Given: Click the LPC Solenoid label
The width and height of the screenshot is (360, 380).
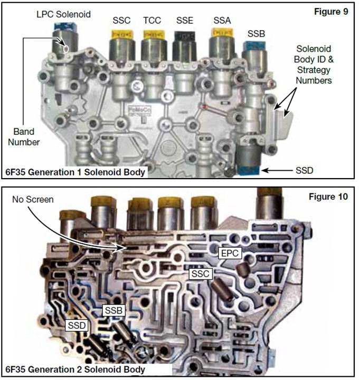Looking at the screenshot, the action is point(64,14).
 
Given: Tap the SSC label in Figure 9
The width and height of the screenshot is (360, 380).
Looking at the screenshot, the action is point(121,21).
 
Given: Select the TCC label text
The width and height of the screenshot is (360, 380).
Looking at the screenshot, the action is point(152,21).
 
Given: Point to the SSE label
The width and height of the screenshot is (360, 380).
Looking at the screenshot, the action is point(185,21).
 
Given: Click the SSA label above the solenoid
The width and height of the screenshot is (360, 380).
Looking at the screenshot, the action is point(222,21).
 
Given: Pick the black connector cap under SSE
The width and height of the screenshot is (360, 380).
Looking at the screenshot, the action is point(185,37).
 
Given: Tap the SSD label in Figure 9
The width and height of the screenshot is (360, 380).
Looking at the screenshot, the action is point(305,170).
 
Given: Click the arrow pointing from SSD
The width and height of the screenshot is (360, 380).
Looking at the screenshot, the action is point(277,171).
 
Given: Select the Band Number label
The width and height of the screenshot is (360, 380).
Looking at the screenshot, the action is point(24,137).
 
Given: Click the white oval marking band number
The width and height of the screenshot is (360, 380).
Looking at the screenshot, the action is point(65,49).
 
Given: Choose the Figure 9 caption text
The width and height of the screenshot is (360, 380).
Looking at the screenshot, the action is point(331,12).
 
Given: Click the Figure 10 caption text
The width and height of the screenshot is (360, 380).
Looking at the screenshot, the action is point(328,197).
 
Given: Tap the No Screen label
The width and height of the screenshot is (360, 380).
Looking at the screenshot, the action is point(33,199).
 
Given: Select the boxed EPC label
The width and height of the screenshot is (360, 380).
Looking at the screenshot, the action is point(230,253).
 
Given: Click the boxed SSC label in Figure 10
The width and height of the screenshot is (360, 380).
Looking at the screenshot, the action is point(201,274).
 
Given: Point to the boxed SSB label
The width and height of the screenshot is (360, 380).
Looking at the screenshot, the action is point(113,310).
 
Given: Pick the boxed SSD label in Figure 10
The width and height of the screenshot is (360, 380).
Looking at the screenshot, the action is point(77,325).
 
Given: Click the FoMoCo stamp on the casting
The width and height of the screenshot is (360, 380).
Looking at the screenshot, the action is point(139,110).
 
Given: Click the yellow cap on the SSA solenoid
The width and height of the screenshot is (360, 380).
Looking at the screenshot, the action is point(222,33).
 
